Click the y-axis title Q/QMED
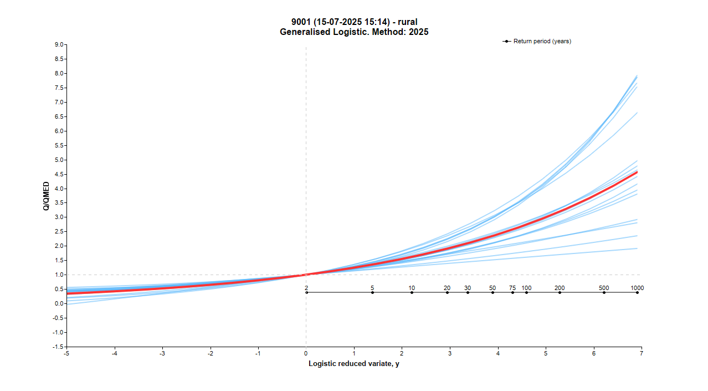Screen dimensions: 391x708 pyautogui.click(x=47, y=196)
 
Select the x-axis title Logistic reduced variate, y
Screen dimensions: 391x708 pyautogui.click(x=353, y=364)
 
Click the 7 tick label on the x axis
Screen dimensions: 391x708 pyautogui.click(x=642, y=353)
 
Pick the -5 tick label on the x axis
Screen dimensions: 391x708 pyautogui.click(x=66, y=353)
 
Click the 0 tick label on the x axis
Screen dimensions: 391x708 pyautogui.click(x=306, y=353)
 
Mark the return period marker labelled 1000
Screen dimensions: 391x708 pyautogui.click(x=637, y=292)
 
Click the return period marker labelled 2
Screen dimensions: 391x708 pyautogui.click(x=306, y=292)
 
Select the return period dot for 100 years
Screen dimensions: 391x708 pyautogui.click(x=526, y=292)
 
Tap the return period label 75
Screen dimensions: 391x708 pyautogui.click(x=512, y=288)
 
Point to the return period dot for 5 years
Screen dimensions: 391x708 pyautogui.click(x=372, y=292)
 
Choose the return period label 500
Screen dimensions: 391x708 pyautogui.click(x=604, y=288)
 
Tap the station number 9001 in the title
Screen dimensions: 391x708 pyautogui.click(x=301, y=22)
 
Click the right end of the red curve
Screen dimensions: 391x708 pyautogui.click(x=637, y=172)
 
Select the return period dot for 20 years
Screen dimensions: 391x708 pyautogui.click(x=447, y=292)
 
